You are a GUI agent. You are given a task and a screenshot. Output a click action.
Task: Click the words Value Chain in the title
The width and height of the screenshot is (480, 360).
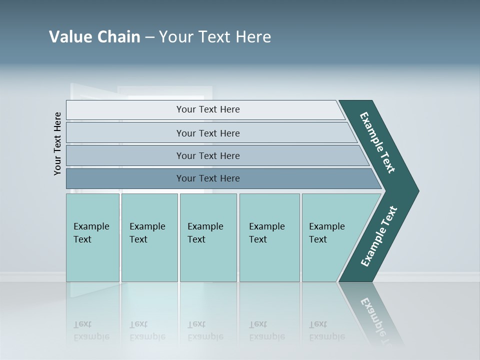click(x=94, y=37)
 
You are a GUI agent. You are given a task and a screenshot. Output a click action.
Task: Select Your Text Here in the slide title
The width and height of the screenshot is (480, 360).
click(x=215, y=37)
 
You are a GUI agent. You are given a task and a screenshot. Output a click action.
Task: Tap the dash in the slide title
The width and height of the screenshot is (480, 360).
click(x=149, y=37)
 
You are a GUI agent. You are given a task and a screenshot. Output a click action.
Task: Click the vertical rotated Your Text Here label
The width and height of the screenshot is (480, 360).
click(x=57, y=143)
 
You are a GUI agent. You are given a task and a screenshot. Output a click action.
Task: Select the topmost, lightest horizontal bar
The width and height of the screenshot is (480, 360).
click(x=207, y=109)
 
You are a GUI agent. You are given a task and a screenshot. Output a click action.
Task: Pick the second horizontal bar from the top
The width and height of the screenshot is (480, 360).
click(x=207, y=133)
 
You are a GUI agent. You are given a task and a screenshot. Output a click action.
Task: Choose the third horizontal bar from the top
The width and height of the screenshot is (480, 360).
click(x=207, y=155)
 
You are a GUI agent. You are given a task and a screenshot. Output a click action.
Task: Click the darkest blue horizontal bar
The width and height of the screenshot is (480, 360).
click(x=207, y=178)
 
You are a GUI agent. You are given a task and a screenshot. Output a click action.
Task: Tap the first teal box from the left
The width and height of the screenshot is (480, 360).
click(x=92, y=237)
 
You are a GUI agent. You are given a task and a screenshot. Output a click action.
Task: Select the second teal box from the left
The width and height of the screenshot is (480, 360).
click(x=149, y=237)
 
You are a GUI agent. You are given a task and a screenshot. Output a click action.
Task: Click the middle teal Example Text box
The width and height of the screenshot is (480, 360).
click(x=208, y=237)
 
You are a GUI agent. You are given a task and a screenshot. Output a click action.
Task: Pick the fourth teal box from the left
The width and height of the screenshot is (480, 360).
click(x=269, y=237)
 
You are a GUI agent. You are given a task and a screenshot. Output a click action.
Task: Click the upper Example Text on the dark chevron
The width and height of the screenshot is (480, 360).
click(x=377, y=142)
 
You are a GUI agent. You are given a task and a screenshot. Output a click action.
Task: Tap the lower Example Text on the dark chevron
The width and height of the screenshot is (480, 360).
click(x=379, y=236)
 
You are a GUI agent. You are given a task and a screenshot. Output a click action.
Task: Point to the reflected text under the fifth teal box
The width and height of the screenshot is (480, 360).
click(x=326, y=330)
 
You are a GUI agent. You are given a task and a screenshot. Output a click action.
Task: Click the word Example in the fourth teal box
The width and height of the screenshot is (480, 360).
click(x=266, y=226)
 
